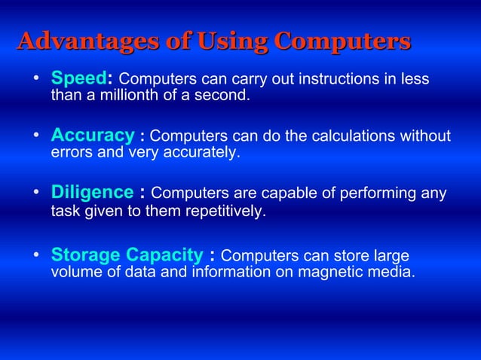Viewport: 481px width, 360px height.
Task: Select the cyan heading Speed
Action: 81,79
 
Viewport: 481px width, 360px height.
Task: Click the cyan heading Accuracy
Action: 92,136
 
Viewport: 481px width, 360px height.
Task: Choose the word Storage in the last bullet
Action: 85,255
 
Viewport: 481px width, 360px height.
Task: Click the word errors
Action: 70,153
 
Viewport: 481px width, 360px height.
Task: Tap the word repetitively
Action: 223,212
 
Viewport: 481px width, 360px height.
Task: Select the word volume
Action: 73,272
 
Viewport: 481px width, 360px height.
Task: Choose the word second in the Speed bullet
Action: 225,96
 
